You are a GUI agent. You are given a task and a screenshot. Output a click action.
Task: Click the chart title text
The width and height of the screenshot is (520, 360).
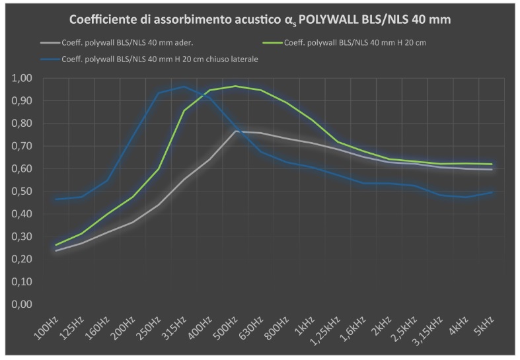pos(260,20)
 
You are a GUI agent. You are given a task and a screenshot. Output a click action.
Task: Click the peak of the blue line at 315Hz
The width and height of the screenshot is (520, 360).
pos(184,87)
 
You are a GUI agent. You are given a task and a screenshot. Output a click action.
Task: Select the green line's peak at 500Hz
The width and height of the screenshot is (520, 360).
pos(236,86)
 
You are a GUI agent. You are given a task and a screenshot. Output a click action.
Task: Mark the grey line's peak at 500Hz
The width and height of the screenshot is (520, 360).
pos(236,131)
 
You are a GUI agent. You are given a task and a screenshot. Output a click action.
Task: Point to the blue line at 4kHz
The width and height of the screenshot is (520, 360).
pos(466,197)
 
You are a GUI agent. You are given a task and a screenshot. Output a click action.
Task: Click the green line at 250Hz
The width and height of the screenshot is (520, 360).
pos(159,168)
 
